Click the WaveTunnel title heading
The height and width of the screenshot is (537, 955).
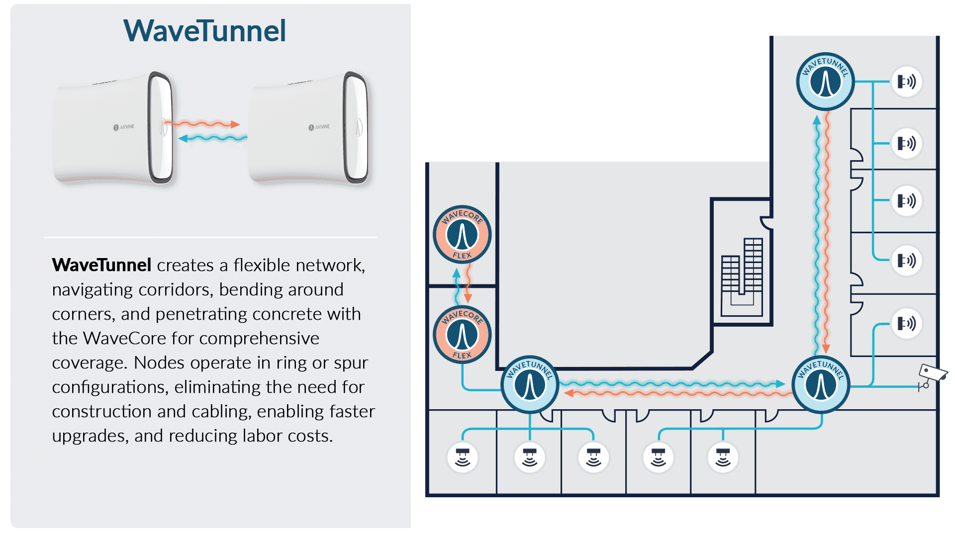(204, 31)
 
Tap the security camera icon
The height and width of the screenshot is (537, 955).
(931, 375)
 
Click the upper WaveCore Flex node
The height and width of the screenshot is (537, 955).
(462, 235)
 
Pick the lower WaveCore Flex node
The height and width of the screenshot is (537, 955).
(462, 335)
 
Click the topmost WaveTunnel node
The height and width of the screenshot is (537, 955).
(825, 82)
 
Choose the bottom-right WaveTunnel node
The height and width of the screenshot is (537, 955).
(821, 384)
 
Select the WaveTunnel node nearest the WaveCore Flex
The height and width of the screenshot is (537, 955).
(530, 384)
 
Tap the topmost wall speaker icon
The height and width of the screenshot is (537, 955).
(906, 82)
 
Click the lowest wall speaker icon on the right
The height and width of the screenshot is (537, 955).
(906, 324)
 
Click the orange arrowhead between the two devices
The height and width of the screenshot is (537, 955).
(235, 124)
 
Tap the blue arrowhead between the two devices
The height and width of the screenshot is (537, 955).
(183, 138)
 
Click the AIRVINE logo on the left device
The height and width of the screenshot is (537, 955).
(124, 127)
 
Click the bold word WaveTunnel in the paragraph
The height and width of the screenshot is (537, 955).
(101, 265)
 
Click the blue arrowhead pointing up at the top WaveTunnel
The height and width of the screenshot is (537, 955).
(816, 120)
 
